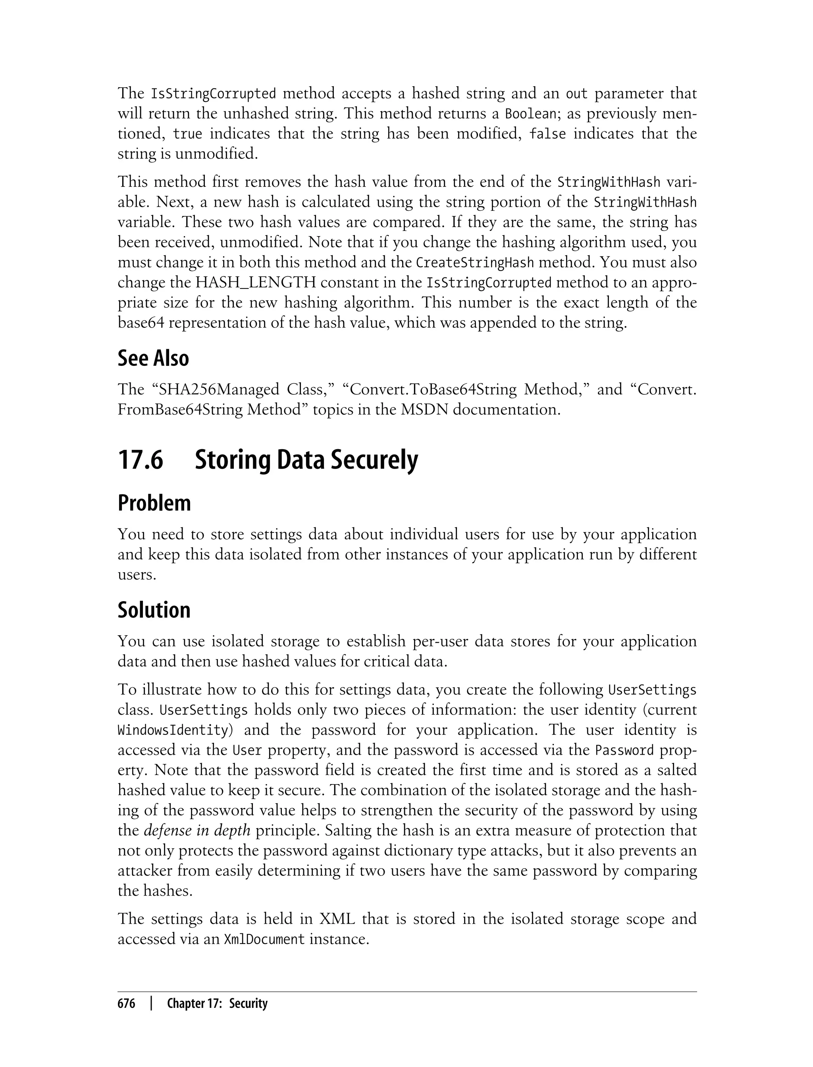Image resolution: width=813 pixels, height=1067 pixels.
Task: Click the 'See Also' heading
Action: (153, 358)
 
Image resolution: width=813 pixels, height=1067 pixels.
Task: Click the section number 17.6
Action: (141, 460)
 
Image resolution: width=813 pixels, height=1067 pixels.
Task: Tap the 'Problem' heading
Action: (154, 504)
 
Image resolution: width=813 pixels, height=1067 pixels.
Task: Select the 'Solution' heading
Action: (154, 610)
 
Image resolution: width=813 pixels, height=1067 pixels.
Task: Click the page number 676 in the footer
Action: (126, 1004)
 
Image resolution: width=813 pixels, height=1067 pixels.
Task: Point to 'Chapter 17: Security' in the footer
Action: (217, 1004)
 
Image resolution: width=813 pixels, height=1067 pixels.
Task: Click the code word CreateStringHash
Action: (475, 263)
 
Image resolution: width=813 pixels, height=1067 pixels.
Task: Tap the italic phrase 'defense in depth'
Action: (197, 831)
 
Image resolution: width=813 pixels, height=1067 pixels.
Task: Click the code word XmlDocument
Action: (264, 939)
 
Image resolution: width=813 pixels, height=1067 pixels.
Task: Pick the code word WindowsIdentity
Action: (173, 730)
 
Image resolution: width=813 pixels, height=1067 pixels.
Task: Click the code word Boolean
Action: (531, 114)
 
